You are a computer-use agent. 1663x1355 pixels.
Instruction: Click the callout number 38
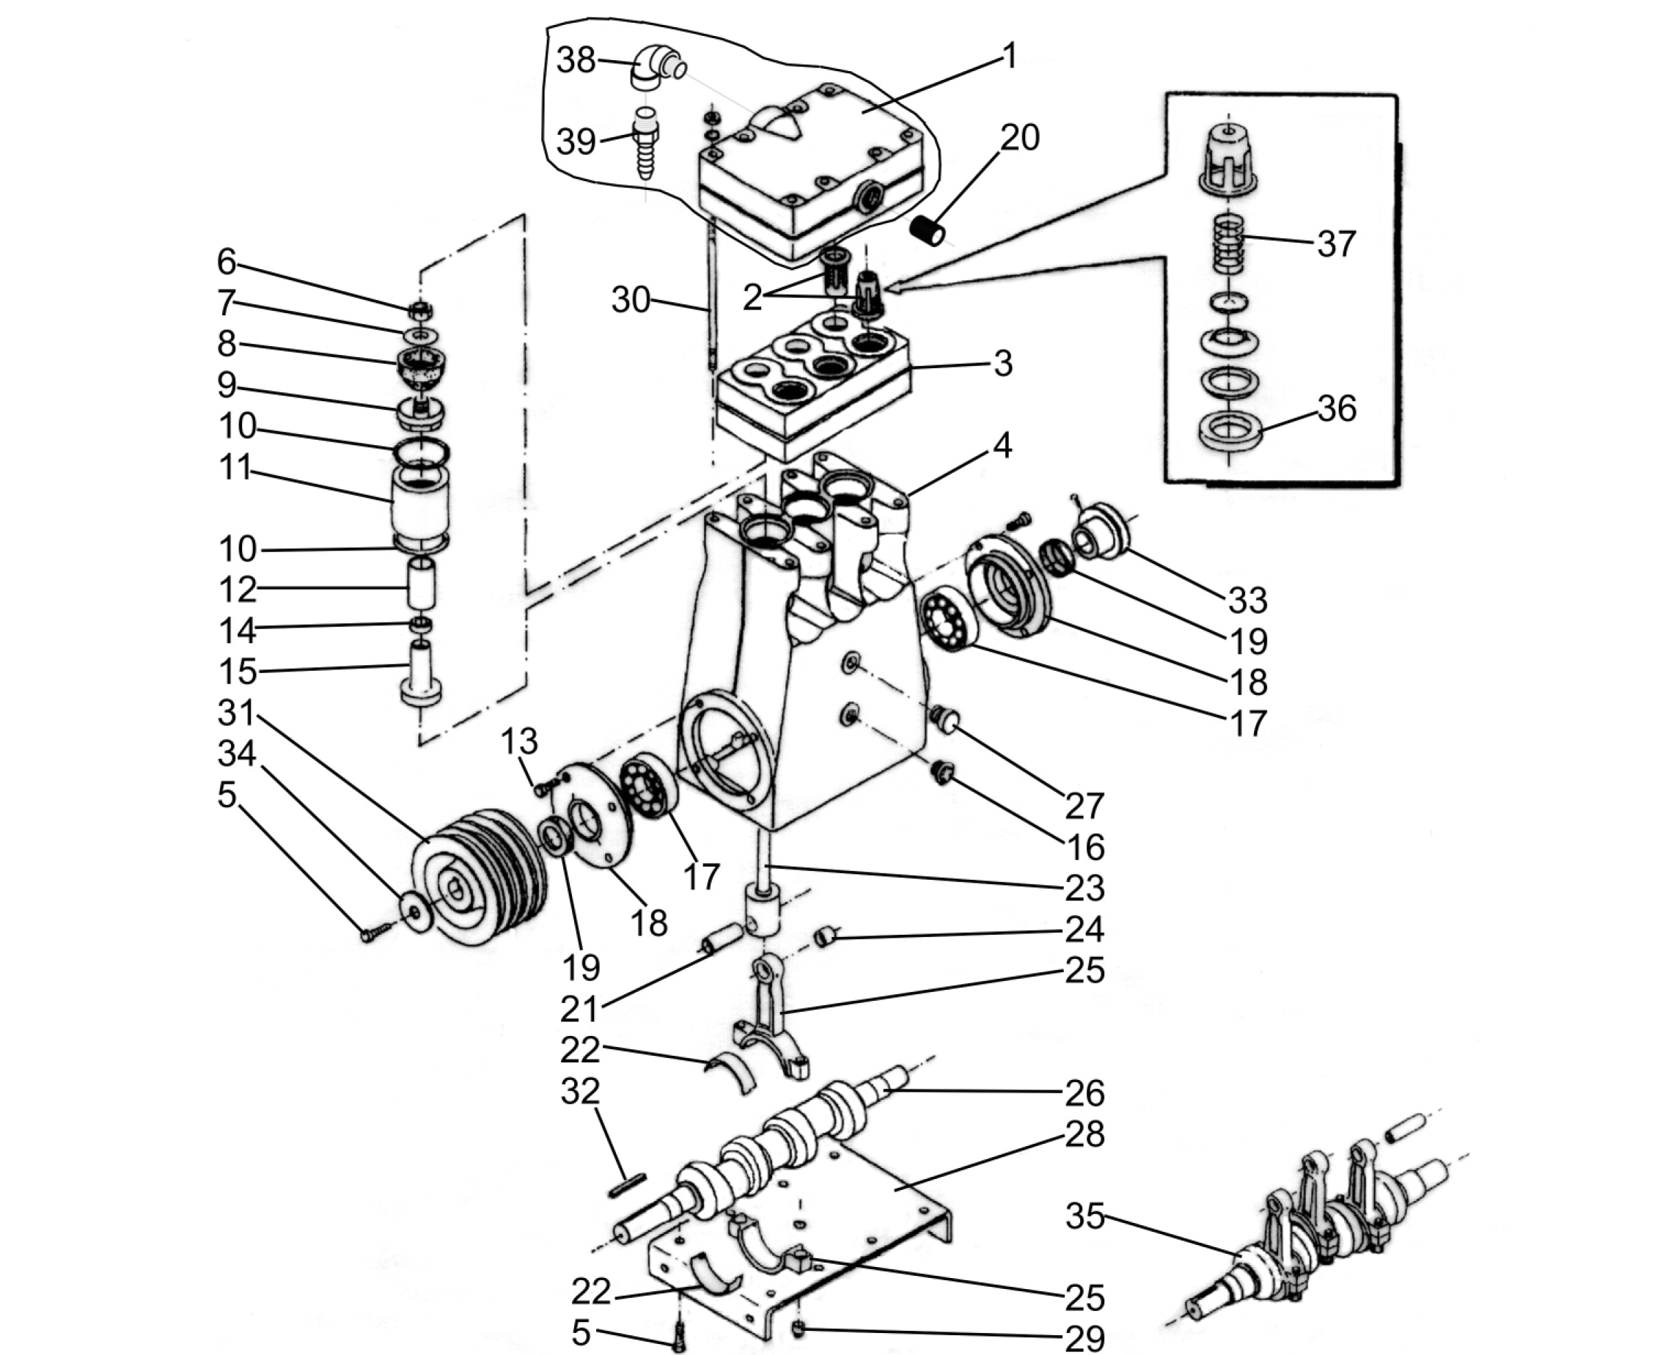point(576,59)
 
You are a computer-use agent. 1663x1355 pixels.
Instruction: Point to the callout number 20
point(1020,137)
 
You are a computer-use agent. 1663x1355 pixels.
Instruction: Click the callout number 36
point(1337,408)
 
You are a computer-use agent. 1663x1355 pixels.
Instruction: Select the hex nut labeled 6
point(421,309)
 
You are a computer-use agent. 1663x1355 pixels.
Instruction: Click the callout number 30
point(631,300)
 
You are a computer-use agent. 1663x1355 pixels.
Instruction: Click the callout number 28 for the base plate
point(1084,1134)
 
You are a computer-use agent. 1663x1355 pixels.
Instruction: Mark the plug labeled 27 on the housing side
point(944,718)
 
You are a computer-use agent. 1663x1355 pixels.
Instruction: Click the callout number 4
point(1003,445)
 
